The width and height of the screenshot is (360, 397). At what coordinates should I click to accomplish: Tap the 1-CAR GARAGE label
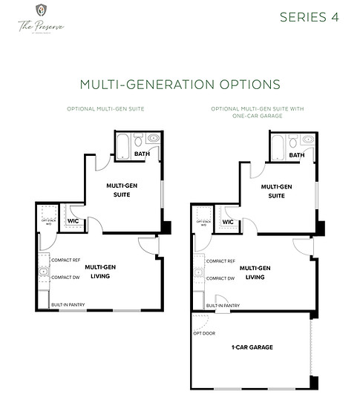(x=252, y=347)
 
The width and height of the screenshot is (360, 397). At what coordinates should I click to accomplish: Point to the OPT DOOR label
(x=205, y=333)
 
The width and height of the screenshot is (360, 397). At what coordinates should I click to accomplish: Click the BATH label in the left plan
(x=142, y=154)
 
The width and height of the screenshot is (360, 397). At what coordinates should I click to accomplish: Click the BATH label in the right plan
(x=296, y=155)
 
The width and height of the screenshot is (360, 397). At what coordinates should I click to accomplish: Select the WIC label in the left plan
(x=73, y=220)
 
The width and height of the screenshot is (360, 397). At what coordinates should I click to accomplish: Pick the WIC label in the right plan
(x=228, y=221)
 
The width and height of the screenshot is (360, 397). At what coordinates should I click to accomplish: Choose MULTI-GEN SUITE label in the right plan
(x=276, y=191)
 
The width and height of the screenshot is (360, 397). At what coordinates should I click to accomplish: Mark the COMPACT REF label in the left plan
(x=66, y=260)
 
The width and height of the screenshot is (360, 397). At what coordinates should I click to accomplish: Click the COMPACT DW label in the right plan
(x=220, y=278)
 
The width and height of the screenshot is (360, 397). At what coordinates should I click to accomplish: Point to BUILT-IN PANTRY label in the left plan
(x=68, y=304)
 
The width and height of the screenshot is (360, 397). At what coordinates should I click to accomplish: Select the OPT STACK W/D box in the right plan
(x=201, y=216)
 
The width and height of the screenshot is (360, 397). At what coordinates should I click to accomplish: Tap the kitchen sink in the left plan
(x=44, y=273)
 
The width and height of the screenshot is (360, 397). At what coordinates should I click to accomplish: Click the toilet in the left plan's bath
(x=153, y=138)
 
